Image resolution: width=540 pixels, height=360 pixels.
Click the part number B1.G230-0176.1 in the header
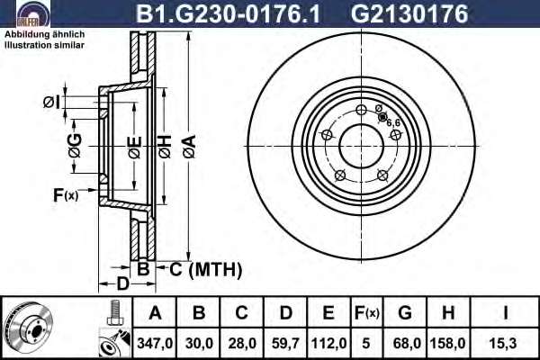228,13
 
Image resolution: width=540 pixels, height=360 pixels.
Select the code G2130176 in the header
409,13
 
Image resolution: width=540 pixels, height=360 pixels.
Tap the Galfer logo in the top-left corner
33,13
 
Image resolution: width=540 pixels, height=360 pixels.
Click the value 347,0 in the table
155,343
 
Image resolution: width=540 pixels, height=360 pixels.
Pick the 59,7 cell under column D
285,343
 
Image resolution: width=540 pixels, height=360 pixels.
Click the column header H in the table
447,313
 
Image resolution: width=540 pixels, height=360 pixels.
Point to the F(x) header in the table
367,313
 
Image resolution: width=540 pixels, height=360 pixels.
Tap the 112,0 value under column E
328,343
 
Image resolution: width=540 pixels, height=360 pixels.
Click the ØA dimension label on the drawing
190,147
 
